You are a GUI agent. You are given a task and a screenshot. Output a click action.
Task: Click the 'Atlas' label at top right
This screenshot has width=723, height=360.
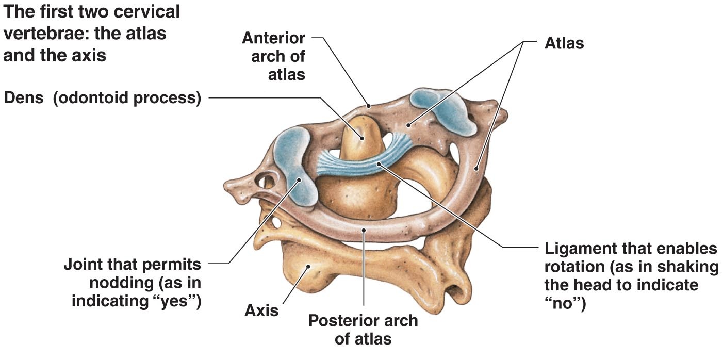pyautogui.click(x=564, y=43)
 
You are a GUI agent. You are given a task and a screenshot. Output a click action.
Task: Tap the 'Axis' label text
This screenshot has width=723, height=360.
pyautogui.click(x=261, y=310)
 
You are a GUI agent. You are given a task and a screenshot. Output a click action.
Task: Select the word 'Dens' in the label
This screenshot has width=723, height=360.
pyautogui.click(x=24, y=97)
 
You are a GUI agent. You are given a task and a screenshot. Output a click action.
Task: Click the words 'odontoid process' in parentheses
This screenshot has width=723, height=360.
pyautogui.click(x=127, y=98)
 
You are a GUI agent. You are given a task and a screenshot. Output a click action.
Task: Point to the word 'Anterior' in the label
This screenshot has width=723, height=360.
pyautogui.click(x=273, y=38)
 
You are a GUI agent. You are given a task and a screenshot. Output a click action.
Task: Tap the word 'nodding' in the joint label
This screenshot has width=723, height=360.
pyautogui.click(x=121, y=283)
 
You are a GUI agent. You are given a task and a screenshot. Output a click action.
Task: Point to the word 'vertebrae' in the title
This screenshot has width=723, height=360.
pyautogui.click(x=43, y=34)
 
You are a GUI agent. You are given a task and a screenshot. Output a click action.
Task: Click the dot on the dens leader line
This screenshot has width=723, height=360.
pyautogui.click(x=362, y=138)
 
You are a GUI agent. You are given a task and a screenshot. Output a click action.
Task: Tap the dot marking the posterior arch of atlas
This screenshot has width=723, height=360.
pyautogui.click(x=364, y=230)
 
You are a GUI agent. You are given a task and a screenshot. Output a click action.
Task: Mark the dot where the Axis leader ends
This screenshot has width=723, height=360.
pyautogui.click(x=308, y=267)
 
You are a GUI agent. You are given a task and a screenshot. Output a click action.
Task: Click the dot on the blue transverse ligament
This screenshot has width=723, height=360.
pyautogui.click(x=379, y=164)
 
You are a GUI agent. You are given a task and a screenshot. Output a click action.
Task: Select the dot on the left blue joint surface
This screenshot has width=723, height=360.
pyautogui.click(x=299, y=180)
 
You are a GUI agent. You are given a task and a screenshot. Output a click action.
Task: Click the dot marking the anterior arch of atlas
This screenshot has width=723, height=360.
pyautogui.click(x=368, y=105)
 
